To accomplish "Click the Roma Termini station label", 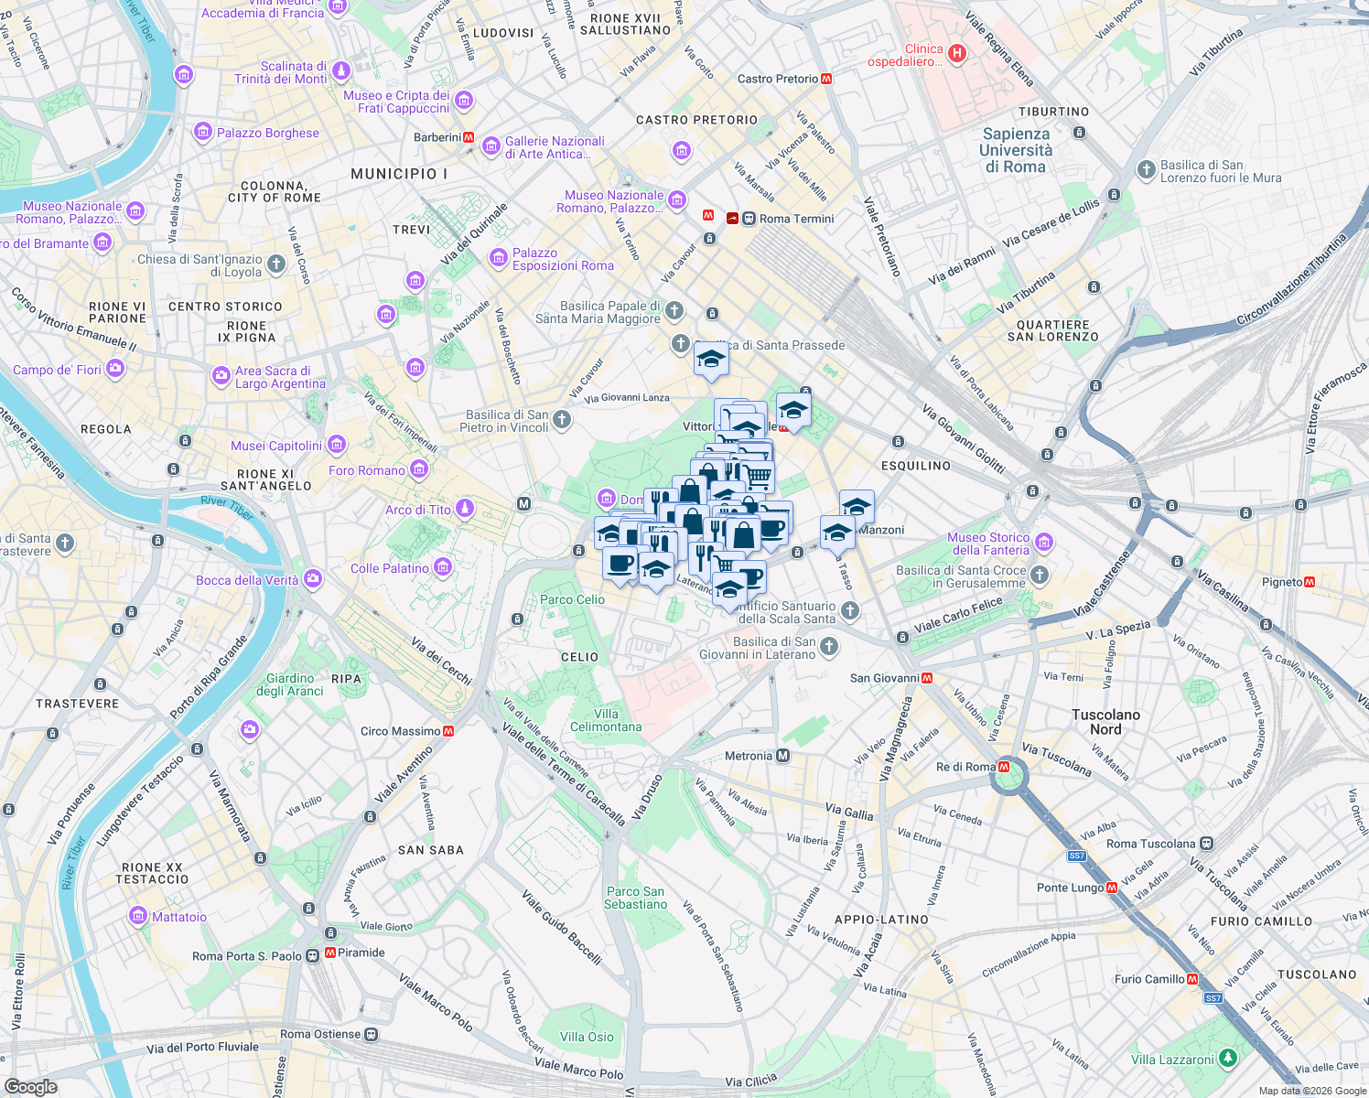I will click(x=796, y=219).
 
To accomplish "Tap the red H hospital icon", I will click(x=957, y=53).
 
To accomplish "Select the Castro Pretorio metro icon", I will click(x=826, y=79).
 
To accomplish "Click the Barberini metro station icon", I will click(x=469, y=137).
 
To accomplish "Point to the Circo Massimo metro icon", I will click(x=448, y=731).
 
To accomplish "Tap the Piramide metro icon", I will click(x=330, y=953).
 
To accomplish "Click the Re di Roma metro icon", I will click(x=1004, y=767).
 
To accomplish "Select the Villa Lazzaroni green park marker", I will click(x=1227, y=1059).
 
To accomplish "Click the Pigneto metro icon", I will click(x=1310, y=582).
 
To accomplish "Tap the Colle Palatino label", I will click(x=389, y=568).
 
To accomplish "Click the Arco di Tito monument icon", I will click(x=465, y=509).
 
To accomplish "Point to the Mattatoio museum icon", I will click(x=138, y=916).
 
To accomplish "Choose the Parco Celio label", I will click(x=572, y=599).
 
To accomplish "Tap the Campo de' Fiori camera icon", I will click(x=115, y=369).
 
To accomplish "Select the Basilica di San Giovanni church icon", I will click(x=829, y=648).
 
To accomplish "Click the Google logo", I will click(x=30, y=1086).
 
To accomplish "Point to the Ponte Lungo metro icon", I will click(x=1112, y=888).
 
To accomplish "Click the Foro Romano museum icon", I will click(x=419, y=470).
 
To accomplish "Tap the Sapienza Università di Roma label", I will click(x=1016, y=150).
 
